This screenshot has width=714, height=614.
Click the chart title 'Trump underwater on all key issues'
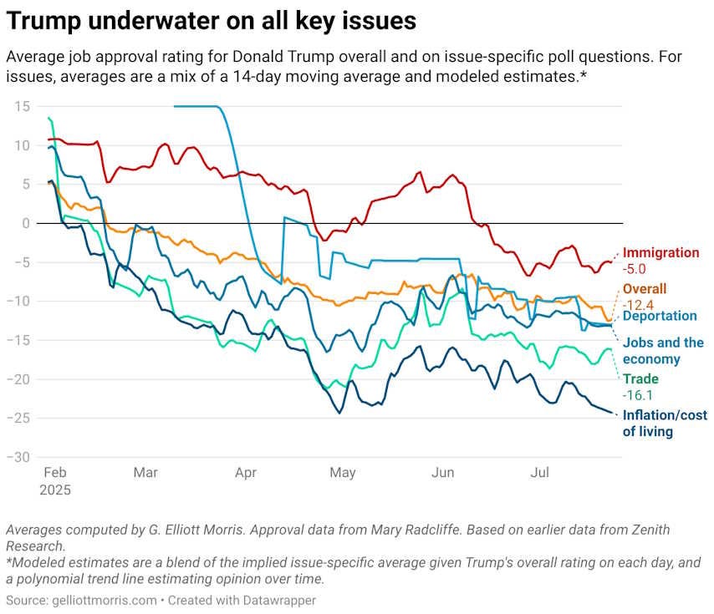point(211,20)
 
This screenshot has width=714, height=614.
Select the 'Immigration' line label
point(660,252)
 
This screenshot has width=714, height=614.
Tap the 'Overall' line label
point(645,289)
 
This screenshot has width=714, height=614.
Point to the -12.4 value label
point(639,305)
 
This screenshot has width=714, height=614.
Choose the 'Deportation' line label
point(660,316)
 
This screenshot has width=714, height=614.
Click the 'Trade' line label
point(640,378)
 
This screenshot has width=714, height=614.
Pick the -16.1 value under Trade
point(639,394)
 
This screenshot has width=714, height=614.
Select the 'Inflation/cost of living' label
point(664,423)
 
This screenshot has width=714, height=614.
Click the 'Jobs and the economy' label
point(663,351)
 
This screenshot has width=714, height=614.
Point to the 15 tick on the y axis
point(22,106)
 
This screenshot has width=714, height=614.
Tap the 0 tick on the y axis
point(26,223)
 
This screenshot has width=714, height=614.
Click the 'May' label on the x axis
point(343,473)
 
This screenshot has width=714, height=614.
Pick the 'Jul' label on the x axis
point(540,473)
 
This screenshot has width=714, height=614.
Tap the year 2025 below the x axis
point(55,490)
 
